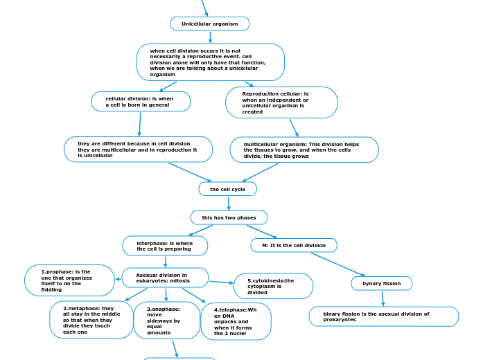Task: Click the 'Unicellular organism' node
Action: (x=210, y=24)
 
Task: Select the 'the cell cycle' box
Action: (x=227, y=189)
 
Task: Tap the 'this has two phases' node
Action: (x=229, y=217)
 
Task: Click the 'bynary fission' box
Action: (x=381, y=283)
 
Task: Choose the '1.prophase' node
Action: (x=69, y=280)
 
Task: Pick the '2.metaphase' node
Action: (x=91, y=320)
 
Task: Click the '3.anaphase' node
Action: (x=166, y=321)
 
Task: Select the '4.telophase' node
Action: (x=236, y=321)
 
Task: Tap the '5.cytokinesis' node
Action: (x=273, y=286)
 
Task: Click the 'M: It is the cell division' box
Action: (x=294, y=245)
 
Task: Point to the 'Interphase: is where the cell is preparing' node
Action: (x=165, y=246)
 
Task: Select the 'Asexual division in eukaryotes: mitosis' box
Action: (x=165, y=278)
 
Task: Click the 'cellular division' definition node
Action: (x=141, y=102)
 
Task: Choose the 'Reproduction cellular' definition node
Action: (x=281, y=102)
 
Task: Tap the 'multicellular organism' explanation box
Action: (x=304, y=150)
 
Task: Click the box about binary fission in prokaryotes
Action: (x=383, y=316)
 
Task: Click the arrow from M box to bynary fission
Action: (x=337, y=264)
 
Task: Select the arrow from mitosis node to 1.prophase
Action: (x=118, y=279)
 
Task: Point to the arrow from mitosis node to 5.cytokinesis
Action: (x=221, y=282)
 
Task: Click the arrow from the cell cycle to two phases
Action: (x=228, y=203)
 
